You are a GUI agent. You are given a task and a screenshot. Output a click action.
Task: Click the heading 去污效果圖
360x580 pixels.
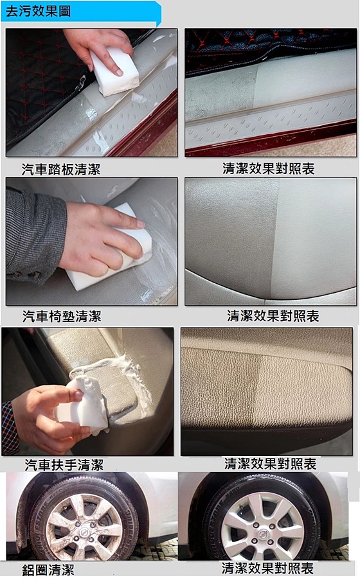38,11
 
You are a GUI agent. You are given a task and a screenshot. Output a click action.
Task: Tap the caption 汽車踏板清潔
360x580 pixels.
61,170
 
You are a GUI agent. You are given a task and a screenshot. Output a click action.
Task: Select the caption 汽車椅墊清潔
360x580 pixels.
62,316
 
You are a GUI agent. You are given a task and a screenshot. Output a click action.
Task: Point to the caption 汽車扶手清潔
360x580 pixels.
64,464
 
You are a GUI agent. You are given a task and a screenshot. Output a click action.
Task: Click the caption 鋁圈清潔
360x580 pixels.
48,570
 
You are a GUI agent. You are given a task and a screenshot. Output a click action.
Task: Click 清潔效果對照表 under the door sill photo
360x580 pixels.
269,169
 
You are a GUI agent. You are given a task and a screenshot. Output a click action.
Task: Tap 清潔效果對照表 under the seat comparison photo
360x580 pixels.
273,316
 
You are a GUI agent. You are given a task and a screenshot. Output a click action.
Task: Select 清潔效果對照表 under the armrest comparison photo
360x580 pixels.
271,464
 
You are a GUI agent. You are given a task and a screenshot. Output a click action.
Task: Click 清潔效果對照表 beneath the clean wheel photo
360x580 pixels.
268,568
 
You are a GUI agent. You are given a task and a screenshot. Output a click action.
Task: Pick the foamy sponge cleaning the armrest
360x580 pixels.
84,405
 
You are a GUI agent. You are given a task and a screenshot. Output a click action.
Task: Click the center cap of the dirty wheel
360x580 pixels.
85,531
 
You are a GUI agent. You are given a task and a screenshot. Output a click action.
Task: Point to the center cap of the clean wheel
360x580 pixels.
264,534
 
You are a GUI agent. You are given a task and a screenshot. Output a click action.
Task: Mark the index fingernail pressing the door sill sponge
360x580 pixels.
118,72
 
